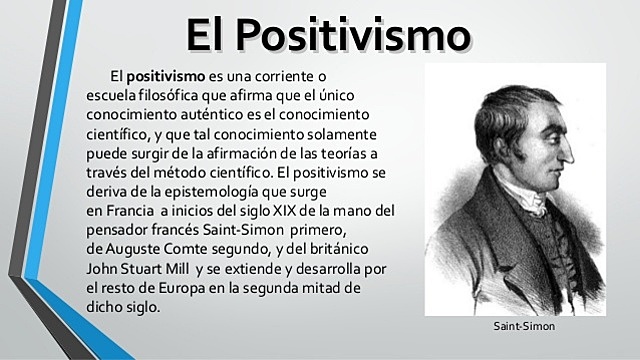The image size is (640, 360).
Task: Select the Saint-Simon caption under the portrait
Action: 523,327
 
